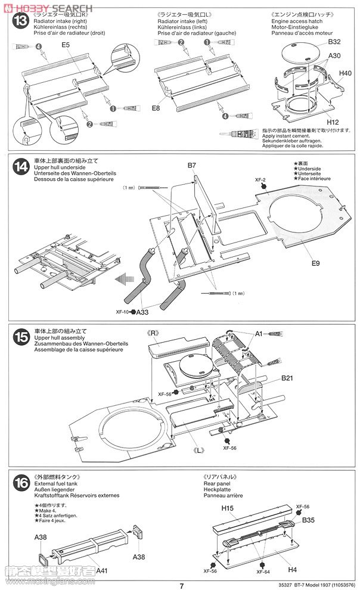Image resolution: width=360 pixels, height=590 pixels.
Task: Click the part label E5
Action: [x=65, y=45]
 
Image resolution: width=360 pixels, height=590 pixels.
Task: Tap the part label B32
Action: [x=334, y=42]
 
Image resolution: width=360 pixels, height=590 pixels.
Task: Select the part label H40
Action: [x=345, y=73]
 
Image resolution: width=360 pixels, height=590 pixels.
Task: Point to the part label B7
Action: [x=191, y=165]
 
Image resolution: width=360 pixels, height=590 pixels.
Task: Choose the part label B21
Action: [x=288, y=378]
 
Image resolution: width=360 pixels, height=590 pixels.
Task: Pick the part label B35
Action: [x=308, y=520]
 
